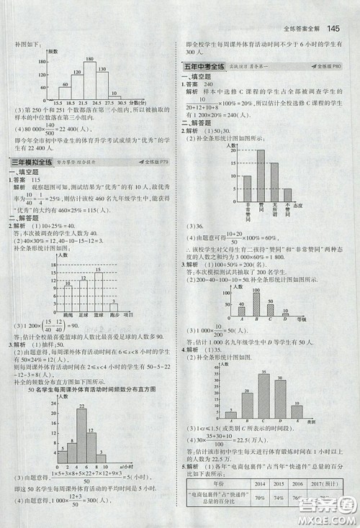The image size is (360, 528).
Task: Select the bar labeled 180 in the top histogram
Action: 89,80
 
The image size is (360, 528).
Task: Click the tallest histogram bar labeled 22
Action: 81,438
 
